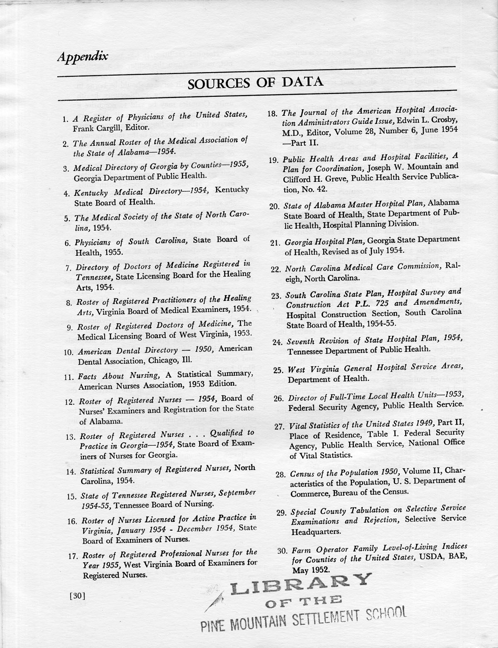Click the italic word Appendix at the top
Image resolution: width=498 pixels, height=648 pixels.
pos(82,56)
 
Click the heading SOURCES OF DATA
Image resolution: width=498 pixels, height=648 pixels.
pos(255,83)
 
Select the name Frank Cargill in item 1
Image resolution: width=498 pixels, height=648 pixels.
pos(96,128)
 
